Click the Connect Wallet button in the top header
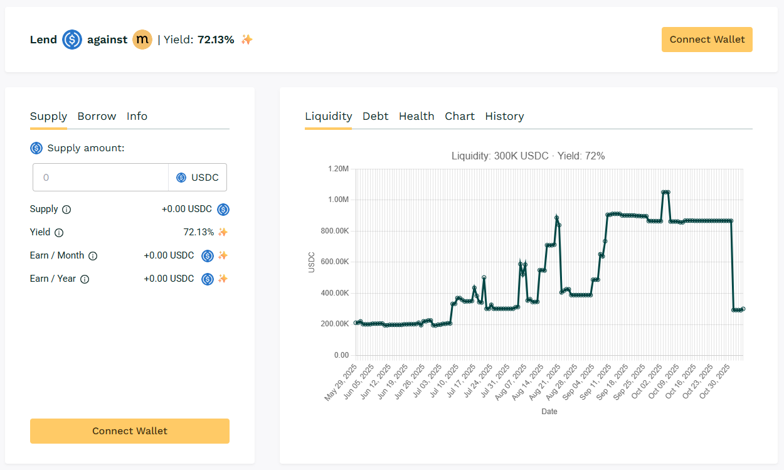pyautogui.click(x=707, y=40)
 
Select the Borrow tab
pyautogui.click(x=97, y=116)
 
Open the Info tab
pyautogui.click(x=137, y=116)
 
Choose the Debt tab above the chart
pyautogui.click(x=375, y=116)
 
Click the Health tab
pyautogui.click(x=416, y=116)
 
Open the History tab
pyautogui.click(x=504, y=116)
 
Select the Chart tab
pyautogui.click(x=460, y=116)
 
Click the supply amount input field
pyautogui.click(x=100, y=178)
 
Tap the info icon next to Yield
pyautogui.click(x=59, y=233)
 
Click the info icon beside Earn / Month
pyautogui.click(x=93, y=256)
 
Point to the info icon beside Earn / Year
pyautogui.click(x=85, y=279)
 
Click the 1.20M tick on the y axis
pyautogui.click(x=337, y=169)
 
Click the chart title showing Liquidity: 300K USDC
pyautogui.click(x=528, y=156)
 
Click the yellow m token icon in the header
pyautogui.click(x=142, y=40)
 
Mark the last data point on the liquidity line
pyautogui.click(x=743, y=309)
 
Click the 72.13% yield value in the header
pyautogui.click(x=216, y=40)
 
